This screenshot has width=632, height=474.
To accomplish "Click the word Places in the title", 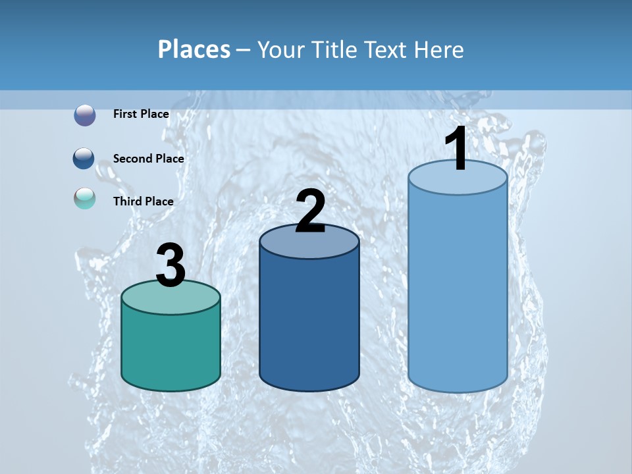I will pos(194,49).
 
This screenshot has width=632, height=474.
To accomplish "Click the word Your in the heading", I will pos(280,49).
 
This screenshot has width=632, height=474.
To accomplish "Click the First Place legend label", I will pos(141,114).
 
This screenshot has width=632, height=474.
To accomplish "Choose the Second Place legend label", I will pos(148,159).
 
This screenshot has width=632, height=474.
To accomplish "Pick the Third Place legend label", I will pos(143,201).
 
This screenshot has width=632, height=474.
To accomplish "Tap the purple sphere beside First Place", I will pos(85,115).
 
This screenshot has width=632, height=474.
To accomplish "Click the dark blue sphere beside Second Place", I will pos(84,159).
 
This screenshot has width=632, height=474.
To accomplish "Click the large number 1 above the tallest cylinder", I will pos(456,149).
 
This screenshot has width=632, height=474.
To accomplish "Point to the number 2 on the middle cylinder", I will pos(310,211).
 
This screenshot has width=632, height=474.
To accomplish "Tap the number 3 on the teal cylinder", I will pos(171,265).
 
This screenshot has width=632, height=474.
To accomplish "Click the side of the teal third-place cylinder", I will pos(171,349).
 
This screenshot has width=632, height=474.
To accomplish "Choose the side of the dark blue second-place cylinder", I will pos(309,323).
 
